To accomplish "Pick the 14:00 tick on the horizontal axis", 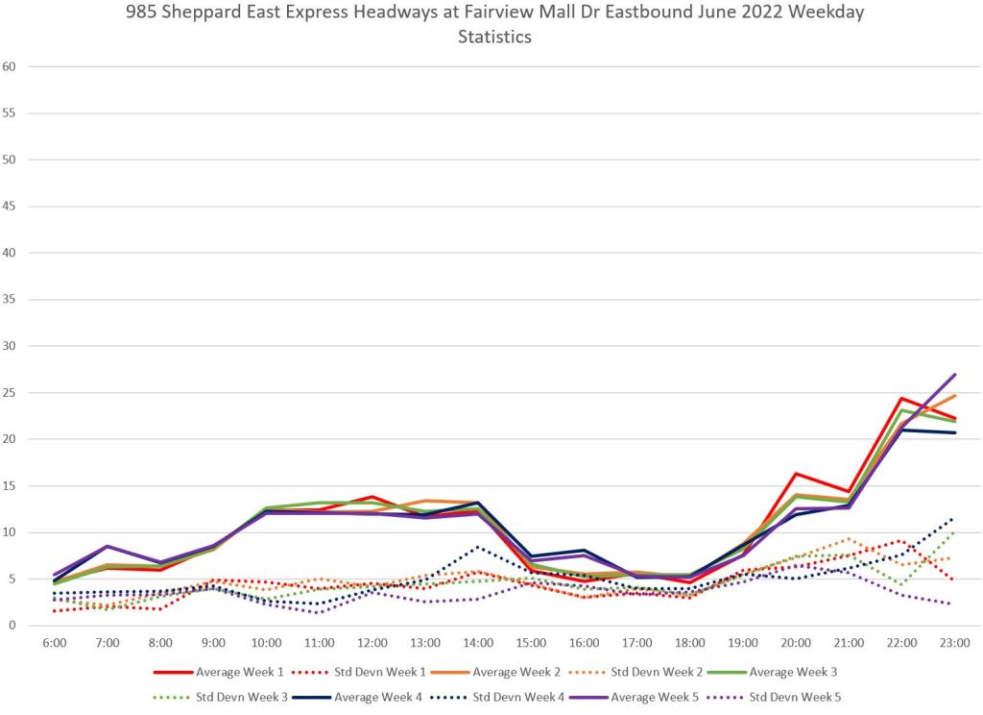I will (478, 642).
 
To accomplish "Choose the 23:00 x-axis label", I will (953, 642).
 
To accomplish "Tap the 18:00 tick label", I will (689, 642).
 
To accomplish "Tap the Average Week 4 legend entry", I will (376, 695).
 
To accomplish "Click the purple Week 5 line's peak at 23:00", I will (953, 375).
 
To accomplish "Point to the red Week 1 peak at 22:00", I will (900, 398).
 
